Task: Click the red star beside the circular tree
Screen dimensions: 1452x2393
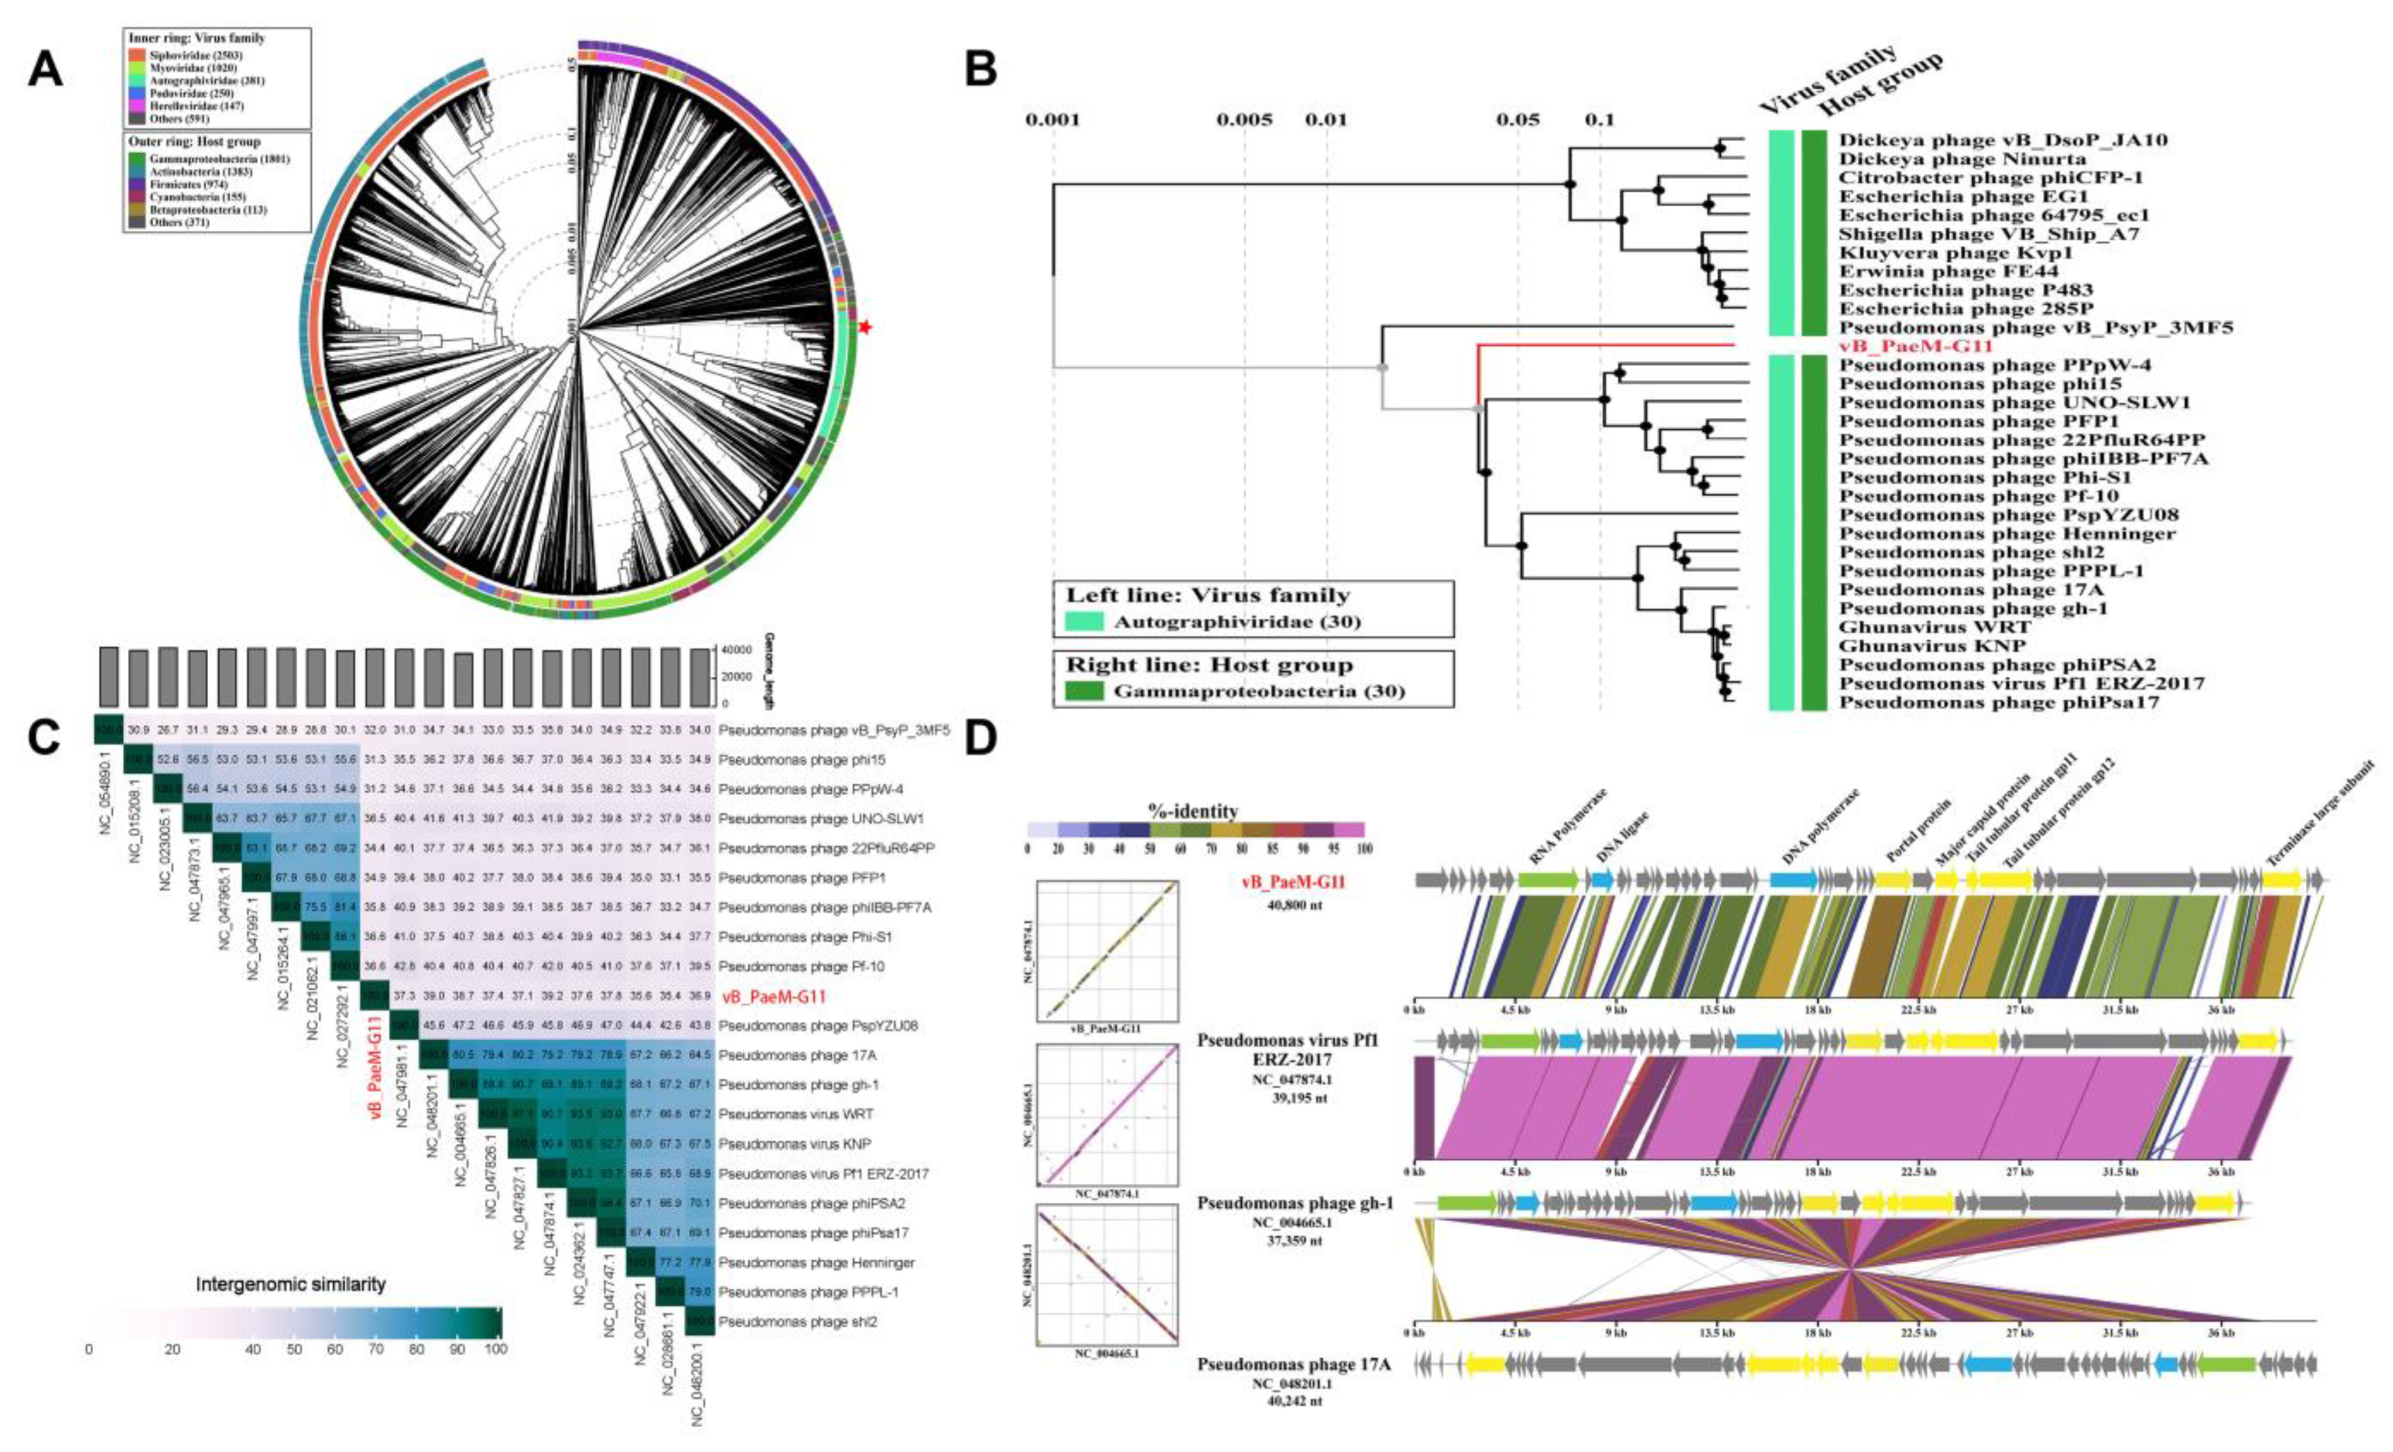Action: click(x=864, y=329)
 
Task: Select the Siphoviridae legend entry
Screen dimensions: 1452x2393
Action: click(x=184, y=56)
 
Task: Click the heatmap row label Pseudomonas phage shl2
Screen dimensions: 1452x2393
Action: click(x=797, y=1322)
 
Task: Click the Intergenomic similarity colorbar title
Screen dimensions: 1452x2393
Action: click(x=290, y=1284)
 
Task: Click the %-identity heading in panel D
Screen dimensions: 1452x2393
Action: click(x=1195, y=811)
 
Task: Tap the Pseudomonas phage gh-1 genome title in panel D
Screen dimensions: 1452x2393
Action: click(x=1294, y=1204)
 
